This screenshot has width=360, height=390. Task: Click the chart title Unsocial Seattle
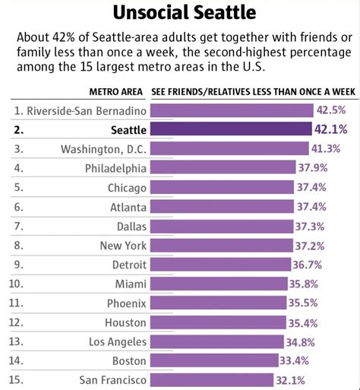coord(180,13)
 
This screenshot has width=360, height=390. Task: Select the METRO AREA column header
coord(116,91)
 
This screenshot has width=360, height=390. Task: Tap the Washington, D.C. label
coord(103,147)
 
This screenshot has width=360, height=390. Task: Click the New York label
coord(123,245)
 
